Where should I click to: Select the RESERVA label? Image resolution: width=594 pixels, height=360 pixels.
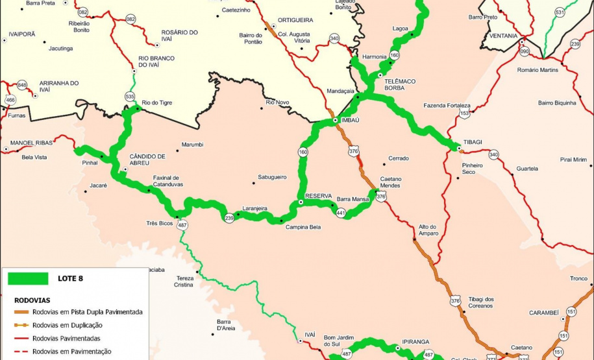tap(318, 195)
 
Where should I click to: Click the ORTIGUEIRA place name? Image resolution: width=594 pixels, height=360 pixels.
tap(295, 20)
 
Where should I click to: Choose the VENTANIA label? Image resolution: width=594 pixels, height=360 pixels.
tap(504, 35)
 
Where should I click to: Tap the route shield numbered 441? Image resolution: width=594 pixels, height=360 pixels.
tap(341, 212)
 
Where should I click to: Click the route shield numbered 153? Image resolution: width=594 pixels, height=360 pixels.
tap(464, 113)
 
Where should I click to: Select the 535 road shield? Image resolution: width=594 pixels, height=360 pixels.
tap(130, 96)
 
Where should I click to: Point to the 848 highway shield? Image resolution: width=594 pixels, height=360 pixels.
tap(22, 85)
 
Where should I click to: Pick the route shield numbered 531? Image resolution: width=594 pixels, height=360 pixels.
tap(560, 12)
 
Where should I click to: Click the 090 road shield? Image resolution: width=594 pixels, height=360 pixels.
tap(525, 51)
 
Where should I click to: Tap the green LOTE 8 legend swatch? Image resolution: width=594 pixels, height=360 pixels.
tap(28, 278)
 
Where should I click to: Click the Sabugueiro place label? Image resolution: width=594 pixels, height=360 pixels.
tap(272, 176)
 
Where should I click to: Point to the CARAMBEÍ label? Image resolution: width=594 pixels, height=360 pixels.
tap(543, 312)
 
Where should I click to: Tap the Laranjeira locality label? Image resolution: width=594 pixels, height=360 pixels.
tap(254, 208)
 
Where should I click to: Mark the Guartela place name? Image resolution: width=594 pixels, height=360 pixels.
tap(527, 169)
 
